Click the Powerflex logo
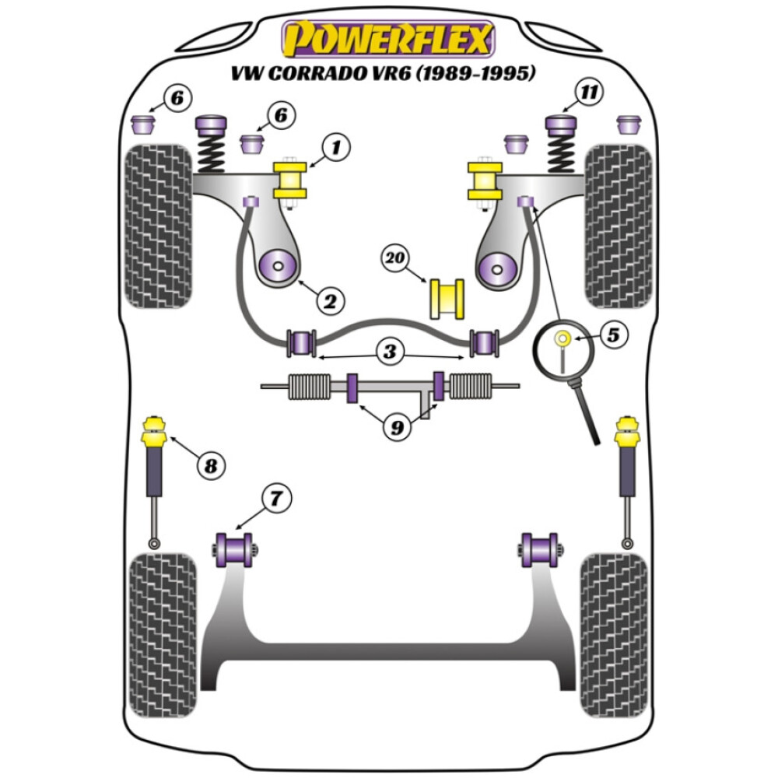(x=388, y=39)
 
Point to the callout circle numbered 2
(x=328, y=300)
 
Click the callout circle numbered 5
(x=613, y=335)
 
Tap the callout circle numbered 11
(x=591, y=93)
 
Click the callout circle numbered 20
(x=396, y=257)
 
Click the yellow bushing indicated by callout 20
(x=447, y=298)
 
